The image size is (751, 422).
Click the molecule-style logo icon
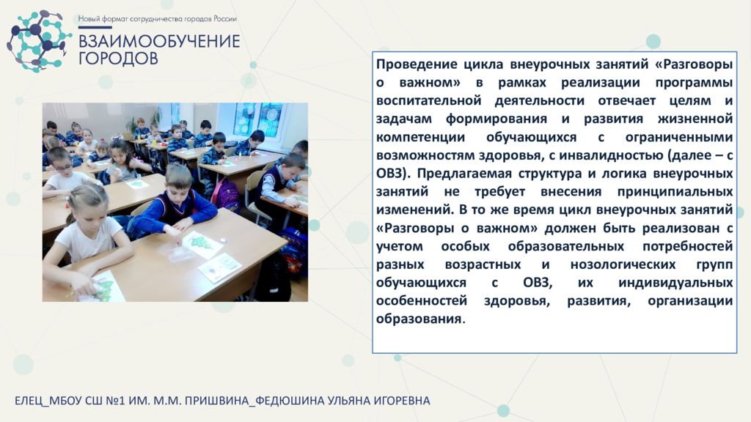[x=37, y=42]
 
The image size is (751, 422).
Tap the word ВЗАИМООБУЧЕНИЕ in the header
[x=159, y=41]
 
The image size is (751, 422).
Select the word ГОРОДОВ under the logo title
[x=118, y=59]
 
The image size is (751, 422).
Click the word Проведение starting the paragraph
[x=416, y=64]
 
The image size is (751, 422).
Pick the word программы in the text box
[x=694, y=83]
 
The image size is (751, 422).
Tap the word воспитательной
[x=428, y=100]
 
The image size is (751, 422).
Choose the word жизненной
[x=695, y=119]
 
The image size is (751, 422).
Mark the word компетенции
[x=420, y=137]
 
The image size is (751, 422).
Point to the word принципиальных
[x=675, y=192]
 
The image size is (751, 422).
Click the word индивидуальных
[x=675, y=283]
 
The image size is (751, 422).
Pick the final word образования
[x=419, y=319]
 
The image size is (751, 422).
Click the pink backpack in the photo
[x=225, y=193]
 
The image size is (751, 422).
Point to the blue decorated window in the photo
[x=257, y=119]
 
